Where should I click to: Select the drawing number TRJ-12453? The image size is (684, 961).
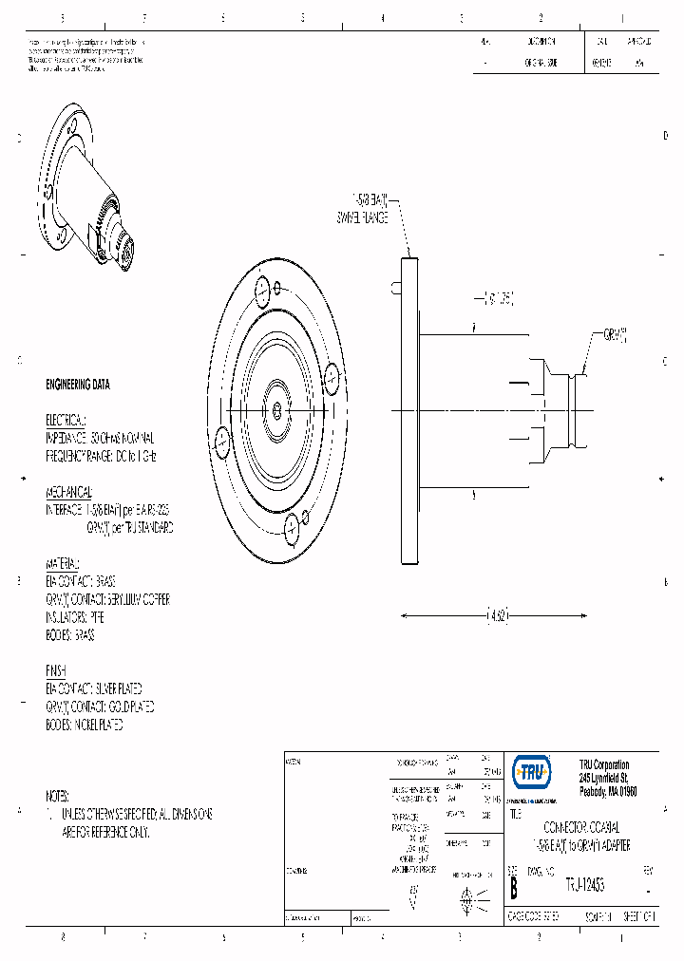[x=584, y=884]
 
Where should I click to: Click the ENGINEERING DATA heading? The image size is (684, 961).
[x=78, y=385]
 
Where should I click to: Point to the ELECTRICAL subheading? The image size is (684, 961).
[x=66, y=420]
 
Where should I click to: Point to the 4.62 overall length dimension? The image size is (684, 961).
[x=496, y=615]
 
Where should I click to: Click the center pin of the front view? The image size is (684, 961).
[x=275, y=409]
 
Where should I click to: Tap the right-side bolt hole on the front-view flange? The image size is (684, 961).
[x=332, y=377]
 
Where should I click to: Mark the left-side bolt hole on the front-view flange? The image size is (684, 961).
[x=220, y=441]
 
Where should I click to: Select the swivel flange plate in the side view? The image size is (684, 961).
[x=410, y=408]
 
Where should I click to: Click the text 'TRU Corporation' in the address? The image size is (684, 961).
[x=604, y=765]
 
